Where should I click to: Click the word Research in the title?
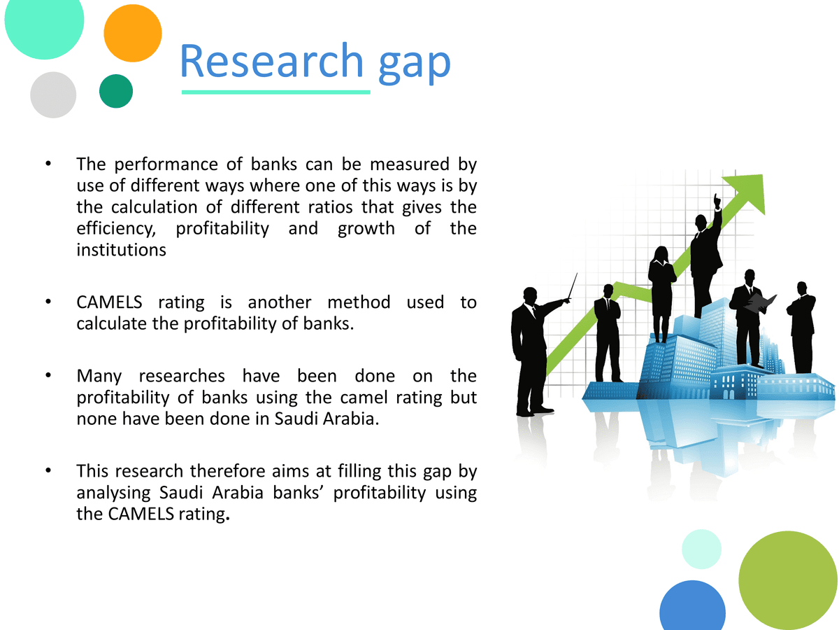271,60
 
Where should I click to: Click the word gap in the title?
415,66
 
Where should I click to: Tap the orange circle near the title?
133,34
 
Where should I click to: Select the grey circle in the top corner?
53,95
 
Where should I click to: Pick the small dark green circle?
116,91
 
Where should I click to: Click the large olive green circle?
788,580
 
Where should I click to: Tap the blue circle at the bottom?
692,606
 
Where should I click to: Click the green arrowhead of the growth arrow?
747,192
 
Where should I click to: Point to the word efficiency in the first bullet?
116,229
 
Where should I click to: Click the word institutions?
121,250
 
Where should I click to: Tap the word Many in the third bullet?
99,377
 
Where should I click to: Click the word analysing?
113,493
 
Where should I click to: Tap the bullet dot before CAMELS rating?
48,302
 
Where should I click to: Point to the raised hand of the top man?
717,201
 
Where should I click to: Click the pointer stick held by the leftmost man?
572,287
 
